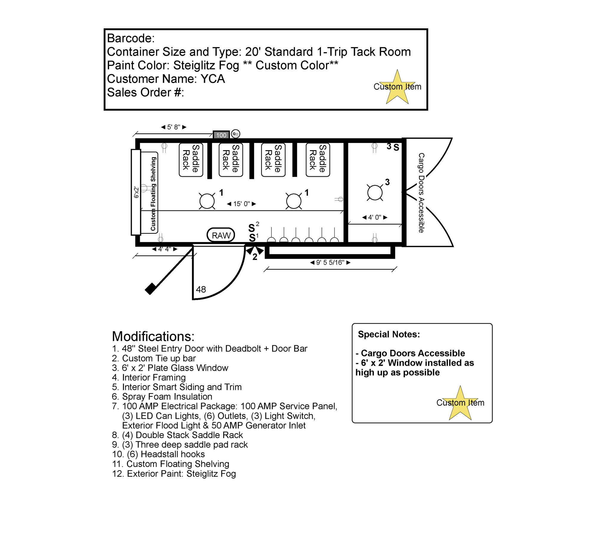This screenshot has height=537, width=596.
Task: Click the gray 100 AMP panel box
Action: [221, 135]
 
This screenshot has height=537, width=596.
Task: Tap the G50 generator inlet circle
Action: [235, 134]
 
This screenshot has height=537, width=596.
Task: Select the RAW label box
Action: [221, 235]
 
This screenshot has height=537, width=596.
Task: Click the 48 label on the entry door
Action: [201, 289]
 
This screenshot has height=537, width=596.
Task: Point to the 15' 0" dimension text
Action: [241, 204]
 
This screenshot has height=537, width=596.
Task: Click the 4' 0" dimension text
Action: [375, 217]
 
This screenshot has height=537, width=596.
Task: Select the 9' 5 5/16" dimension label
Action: [330, 262]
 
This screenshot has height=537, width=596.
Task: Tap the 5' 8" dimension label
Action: [174, 127]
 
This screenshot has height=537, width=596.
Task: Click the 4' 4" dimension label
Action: [164, 249]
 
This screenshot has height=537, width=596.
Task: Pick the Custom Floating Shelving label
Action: [153, 194]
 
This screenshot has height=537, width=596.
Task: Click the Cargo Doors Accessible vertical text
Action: [421, 193]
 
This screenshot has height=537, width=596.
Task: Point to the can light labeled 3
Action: [375, 192]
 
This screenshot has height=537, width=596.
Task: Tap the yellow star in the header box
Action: [397, 88]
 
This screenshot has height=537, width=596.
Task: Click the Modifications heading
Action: [153, 336]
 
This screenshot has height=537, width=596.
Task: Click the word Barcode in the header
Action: [131, 38]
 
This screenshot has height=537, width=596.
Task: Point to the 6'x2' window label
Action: [136, 192]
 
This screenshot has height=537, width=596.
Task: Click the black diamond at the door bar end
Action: [150, 288]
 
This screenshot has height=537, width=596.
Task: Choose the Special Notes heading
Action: [389, 334]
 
